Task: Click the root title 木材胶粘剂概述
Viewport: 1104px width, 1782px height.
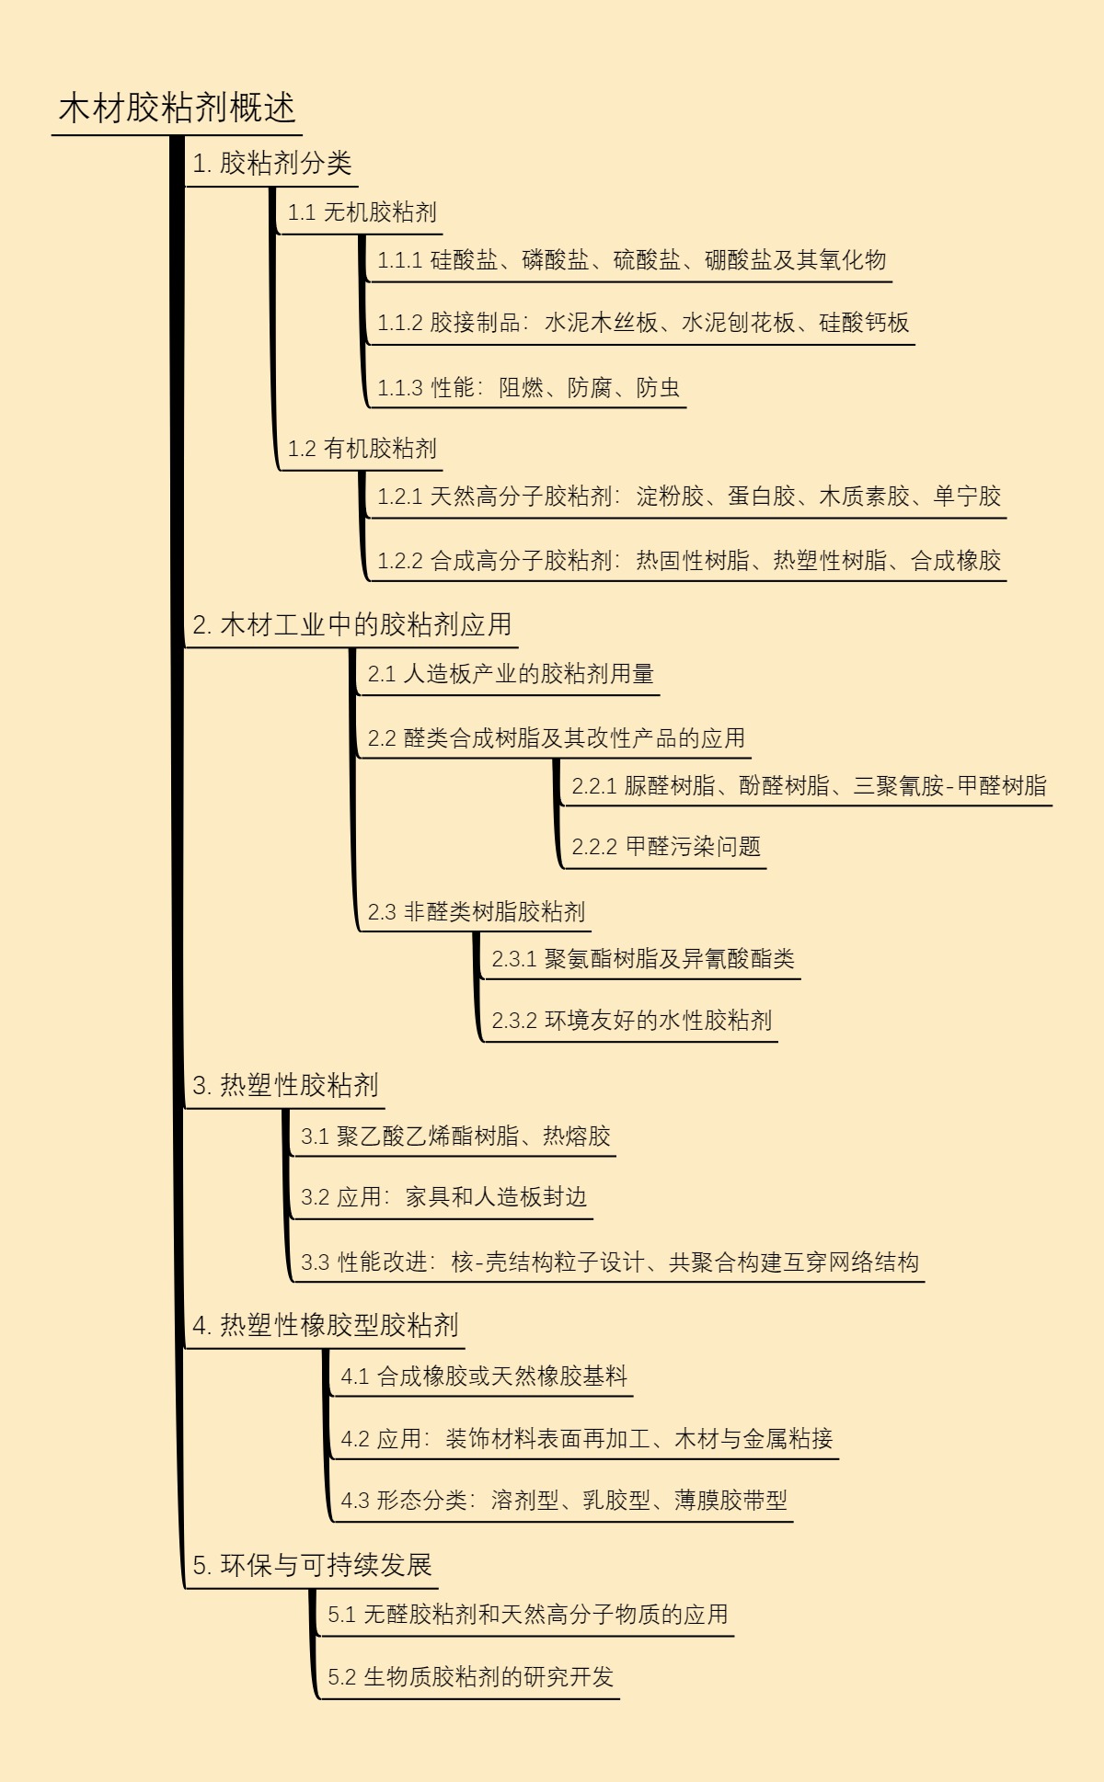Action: pos(177,109)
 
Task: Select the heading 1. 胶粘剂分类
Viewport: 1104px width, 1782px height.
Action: pos(271,164)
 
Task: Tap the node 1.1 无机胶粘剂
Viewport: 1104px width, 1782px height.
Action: pos(362,212)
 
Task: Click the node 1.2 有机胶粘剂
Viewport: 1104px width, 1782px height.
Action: pos(362,449)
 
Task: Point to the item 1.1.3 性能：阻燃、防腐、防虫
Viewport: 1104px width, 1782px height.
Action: pos(528,387)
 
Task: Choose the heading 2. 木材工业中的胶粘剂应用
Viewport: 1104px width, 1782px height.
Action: pos(351,624)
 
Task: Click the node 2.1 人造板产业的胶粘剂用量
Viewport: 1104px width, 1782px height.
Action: pos(511,674)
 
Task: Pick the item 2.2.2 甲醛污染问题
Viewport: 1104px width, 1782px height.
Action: pos(666,847)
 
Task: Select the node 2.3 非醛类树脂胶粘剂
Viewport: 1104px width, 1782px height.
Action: pos(476,912)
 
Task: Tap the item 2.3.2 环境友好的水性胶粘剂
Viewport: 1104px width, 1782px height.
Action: pos(631,1021)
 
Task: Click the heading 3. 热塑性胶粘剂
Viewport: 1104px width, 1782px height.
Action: pos(285,1086)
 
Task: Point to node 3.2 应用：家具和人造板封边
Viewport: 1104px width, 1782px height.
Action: pos(443,1197)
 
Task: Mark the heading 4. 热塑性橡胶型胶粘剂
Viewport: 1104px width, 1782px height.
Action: pos(325,1325)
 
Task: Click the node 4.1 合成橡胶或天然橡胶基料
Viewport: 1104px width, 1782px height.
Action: pos(484,1376)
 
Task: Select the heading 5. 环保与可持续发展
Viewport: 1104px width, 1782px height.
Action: pos(312,1565)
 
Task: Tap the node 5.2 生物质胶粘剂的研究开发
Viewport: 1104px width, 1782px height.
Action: pos(470,1677)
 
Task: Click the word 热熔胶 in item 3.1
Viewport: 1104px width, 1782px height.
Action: pos(577,1137)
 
